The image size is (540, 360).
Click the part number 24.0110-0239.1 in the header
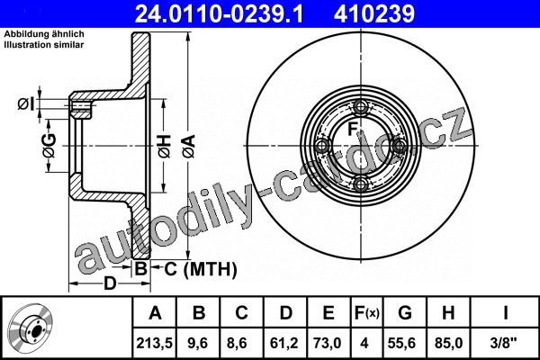(219, 14)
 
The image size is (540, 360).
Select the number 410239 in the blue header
(374, 14)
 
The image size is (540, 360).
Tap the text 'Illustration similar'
(44, 45)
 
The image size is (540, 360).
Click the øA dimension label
(189, 146)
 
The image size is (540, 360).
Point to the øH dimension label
(165, 146)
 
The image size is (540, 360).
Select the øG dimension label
(49, 146)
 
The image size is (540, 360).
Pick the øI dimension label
(26, 103)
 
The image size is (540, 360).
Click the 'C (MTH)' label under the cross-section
(201, 269)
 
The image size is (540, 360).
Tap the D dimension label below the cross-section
(110, 283)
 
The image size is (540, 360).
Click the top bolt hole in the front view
(361, 107)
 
